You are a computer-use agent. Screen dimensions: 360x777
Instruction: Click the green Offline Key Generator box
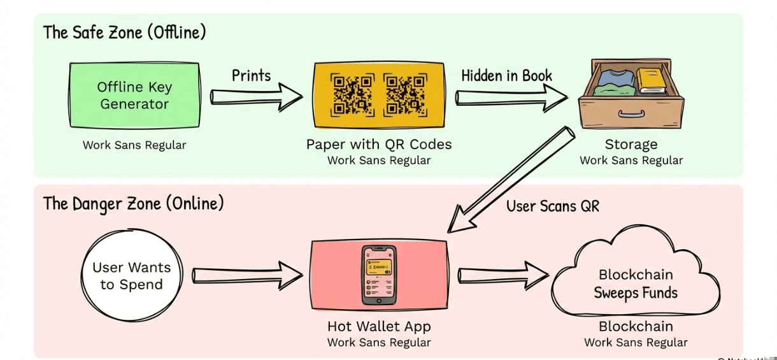coord(134,96)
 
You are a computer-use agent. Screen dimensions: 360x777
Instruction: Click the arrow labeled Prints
coord(255,97)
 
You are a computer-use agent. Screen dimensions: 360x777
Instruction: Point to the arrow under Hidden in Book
coord(510,97)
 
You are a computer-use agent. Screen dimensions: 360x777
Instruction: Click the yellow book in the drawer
coord(651,81)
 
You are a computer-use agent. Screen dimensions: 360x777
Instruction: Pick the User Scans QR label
coord(553,206)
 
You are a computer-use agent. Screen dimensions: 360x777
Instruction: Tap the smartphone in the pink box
coord(379,275)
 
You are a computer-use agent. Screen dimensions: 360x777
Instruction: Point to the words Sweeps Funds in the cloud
coord(636,293)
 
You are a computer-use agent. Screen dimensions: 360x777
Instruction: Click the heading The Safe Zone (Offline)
coord(124,32)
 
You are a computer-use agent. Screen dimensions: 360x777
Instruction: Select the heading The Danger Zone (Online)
coord(133,204)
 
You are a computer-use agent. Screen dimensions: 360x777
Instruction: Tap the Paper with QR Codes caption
coord(379,145)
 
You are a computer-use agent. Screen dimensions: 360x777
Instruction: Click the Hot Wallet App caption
coord(379,327)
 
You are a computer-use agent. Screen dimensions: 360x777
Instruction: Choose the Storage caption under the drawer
coord(631,145)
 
